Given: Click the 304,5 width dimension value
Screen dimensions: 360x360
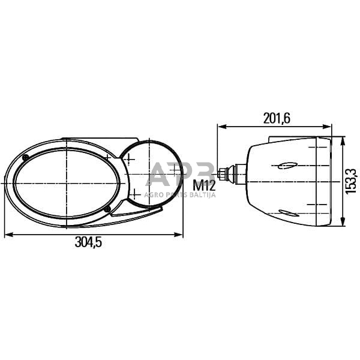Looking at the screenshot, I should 93,243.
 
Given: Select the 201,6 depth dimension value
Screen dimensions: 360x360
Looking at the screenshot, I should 277,118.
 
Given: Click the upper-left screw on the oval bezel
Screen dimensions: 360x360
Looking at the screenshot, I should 26,157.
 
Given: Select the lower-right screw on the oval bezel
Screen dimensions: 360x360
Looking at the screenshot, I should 107,209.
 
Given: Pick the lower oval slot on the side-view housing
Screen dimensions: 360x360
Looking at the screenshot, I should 289,212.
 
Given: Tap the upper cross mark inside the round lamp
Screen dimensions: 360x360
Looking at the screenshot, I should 128,159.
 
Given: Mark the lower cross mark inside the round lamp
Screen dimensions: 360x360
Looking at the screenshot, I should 136,193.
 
